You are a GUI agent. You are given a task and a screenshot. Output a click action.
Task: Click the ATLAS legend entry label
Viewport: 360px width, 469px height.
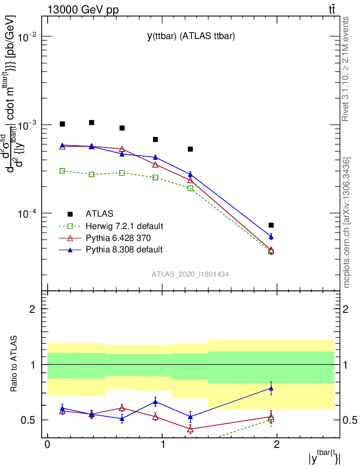coord(99,213)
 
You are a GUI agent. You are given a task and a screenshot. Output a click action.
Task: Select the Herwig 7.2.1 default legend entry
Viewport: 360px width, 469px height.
coord(124,226)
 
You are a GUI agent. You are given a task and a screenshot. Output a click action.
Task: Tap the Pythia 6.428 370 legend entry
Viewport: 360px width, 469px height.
coord(118,238)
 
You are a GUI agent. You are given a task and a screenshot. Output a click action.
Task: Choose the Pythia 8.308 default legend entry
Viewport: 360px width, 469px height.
coord(124,250)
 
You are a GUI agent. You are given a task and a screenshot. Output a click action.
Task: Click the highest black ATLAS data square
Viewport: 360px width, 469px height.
coord(92,123)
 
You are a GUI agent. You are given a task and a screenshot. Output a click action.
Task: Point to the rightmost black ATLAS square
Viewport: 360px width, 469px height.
coord(271,225)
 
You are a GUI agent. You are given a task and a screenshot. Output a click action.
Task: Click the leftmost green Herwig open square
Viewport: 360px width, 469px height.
coord(62,171)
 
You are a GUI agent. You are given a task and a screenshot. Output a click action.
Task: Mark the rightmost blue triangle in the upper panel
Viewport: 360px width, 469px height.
coord(271,237)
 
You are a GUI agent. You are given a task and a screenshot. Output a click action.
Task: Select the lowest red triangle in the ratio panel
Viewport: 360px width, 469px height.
coord(191,430)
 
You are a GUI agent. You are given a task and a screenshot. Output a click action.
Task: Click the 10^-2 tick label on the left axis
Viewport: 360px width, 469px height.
coord(28,37)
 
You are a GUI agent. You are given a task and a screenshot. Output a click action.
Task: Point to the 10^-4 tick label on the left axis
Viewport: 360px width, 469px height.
coord(28,213)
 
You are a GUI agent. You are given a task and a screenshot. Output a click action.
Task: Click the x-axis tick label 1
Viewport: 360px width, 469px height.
coord(162,446)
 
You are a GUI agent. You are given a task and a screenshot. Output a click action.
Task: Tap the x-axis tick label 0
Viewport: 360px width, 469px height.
coord(47,446)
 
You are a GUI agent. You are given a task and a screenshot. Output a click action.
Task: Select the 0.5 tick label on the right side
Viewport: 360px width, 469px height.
coord(349,420)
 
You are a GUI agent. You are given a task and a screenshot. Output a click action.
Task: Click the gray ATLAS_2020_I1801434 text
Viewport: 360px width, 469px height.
coord(191,274)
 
